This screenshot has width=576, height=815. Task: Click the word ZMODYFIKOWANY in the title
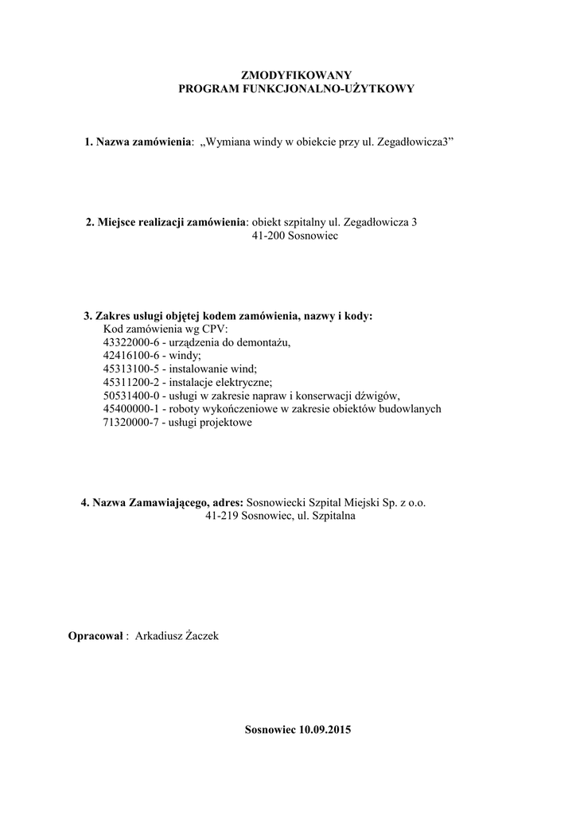(296, 74)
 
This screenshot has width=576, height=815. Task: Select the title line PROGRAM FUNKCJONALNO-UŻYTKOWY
(296, 89)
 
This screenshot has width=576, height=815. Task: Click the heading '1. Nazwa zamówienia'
(138, 142)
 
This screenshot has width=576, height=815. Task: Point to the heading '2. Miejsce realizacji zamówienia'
(165, 222)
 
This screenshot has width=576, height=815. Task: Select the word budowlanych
(411, 409)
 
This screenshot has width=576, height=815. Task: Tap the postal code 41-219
(222, 516)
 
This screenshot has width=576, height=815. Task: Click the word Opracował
(96, 636)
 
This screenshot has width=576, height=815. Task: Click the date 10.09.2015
(325, 729)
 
